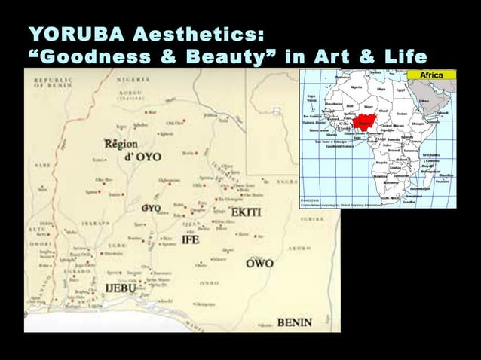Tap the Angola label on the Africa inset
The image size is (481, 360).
[x=381, y=162]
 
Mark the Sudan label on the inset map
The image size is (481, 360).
[x=402, y=115]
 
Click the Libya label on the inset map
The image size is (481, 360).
[x=381, y=90]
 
